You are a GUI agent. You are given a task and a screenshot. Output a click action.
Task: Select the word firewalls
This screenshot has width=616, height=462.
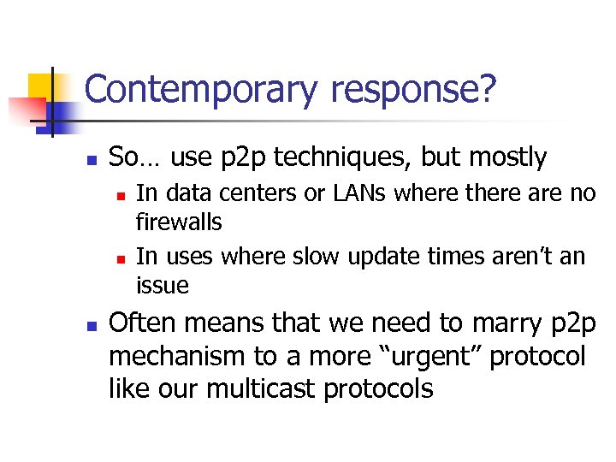tap(179, 222)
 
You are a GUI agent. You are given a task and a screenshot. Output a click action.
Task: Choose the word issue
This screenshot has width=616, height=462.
tap(163, 284)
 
